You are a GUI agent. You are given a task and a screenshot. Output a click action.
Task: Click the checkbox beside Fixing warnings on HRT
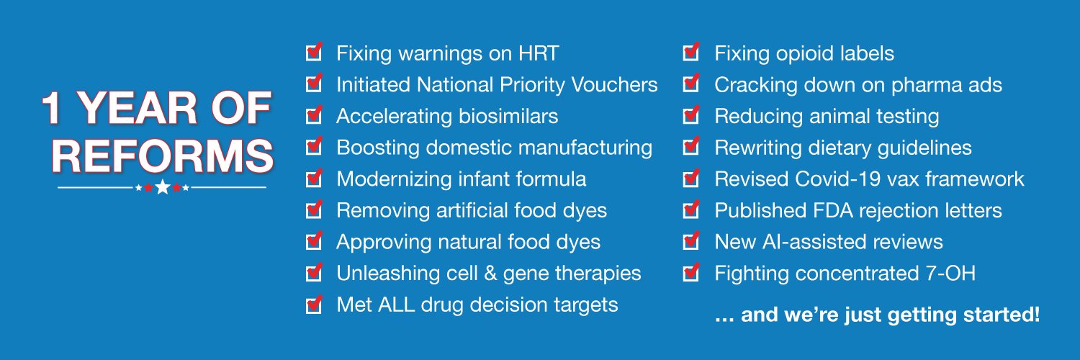tap(313, 53)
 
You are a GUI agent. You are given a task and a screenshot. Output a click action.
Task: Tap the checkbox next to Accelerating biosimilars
tap(313, 115)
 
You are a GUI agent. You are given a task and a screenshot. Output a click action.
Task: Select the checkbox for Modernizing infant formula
tap(313, 179)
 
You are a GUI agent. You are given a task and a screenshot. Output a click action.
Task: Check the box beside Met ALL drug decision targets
tap(313, 305)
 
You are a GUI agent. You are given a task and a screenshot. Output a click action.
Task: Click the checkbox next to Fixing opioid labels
tap(690, 53)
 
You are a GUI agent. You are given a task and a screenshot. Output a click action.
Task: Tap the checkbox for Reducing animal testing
tap(690, 115)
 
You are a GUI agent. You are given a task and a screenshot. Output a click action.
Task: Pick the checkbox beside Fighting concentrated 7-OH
tap(690, 273)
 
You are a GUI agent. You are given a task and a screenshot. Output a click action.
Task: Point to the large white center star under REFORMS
tap(163, 187)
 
